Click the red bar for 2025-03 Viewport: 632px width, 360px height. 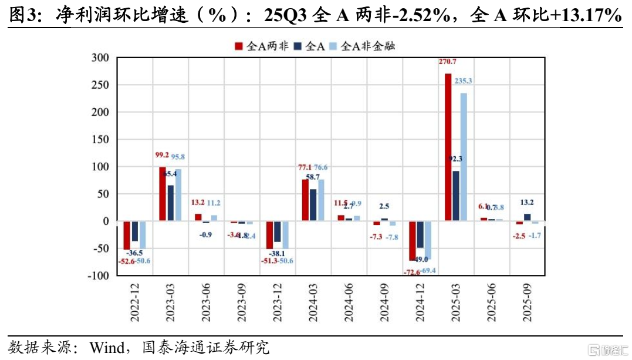448,147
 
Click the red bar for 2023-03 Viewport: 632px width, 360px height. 163,194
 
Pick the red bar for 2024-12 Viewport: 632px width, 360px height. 413,241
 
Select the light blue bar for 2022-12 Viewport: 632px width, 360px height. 143,235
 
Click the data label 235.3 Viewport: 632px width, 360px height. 463,81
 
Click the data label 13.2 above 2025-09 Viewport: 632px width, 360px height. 526,203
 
